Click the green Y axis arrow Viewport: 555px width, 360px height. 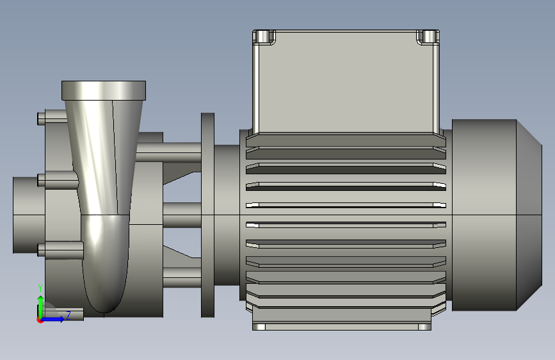(41, 307)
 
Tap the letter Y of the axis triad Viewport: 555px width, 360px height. (40, 288)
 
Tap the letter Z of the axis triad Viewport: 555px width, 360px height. (68, 315)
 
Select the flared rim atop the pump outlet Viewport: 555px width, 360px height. (104, 90)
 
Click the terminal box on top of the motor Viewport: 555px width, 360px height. (346, 82)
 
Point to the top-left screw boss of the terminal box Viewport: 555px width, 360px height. (264, 37)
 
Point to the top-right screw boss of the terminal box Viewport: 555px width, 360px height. (428, 37)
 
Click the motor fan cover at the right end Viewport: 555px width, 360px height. (497, 215)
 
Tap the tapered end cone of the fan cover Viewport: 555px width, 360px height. (529, 215)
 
